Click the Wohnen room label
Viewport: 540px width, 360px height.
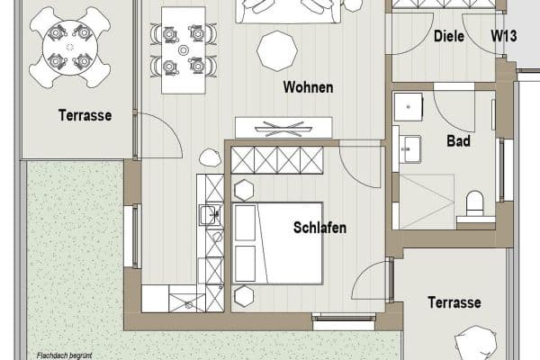click(x=308, y=87)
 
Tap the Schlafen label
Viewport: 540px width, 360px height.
click(x=319, y=228)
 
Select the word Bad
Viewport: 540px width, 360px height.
click(x=459, y=141)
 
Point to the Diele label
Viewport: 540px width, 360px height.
click(x=448, y=36)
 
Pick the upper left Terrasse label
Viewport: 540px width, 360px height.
click(x=85, y=115)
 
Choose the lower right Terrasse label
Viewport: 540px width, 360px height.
click(x=454, y=302)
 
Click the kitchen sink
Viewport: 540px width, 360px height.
click(x=210, y=215)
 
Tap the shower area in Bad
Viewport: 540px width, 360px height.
click(x=426, y=200)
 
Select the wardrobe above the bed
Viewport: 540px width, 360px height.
click(x=276, y=161)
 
